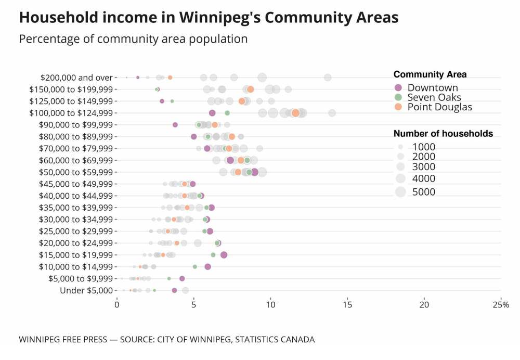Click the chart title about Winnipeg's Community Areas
[209, 17]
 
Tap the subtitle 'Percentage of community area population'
[133, 39]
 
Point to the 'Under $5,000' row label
[86, 290]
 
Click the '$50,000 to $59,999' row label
[76, 172]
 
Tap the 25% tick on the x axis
[501, 304]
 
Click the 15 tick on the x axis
[347, 304]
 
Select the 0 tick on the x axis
[116, 304]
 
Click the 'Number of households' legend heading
[443, 134]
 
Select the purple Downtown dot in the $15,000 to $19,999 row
[224, 255]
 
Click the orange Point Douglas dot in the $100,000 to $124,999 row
[295, 113]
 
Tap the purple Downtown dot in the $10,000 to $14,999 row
[207, 267]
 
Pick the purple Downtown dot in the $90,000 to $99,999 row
[175, 125]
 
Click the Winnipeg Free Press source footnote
[166, 340]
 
